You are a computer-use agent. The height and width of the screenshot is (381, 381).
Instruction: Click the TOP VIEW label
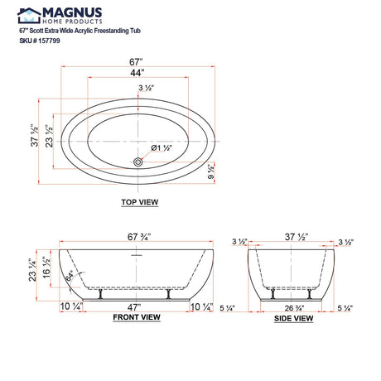[x=139, y=202]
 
